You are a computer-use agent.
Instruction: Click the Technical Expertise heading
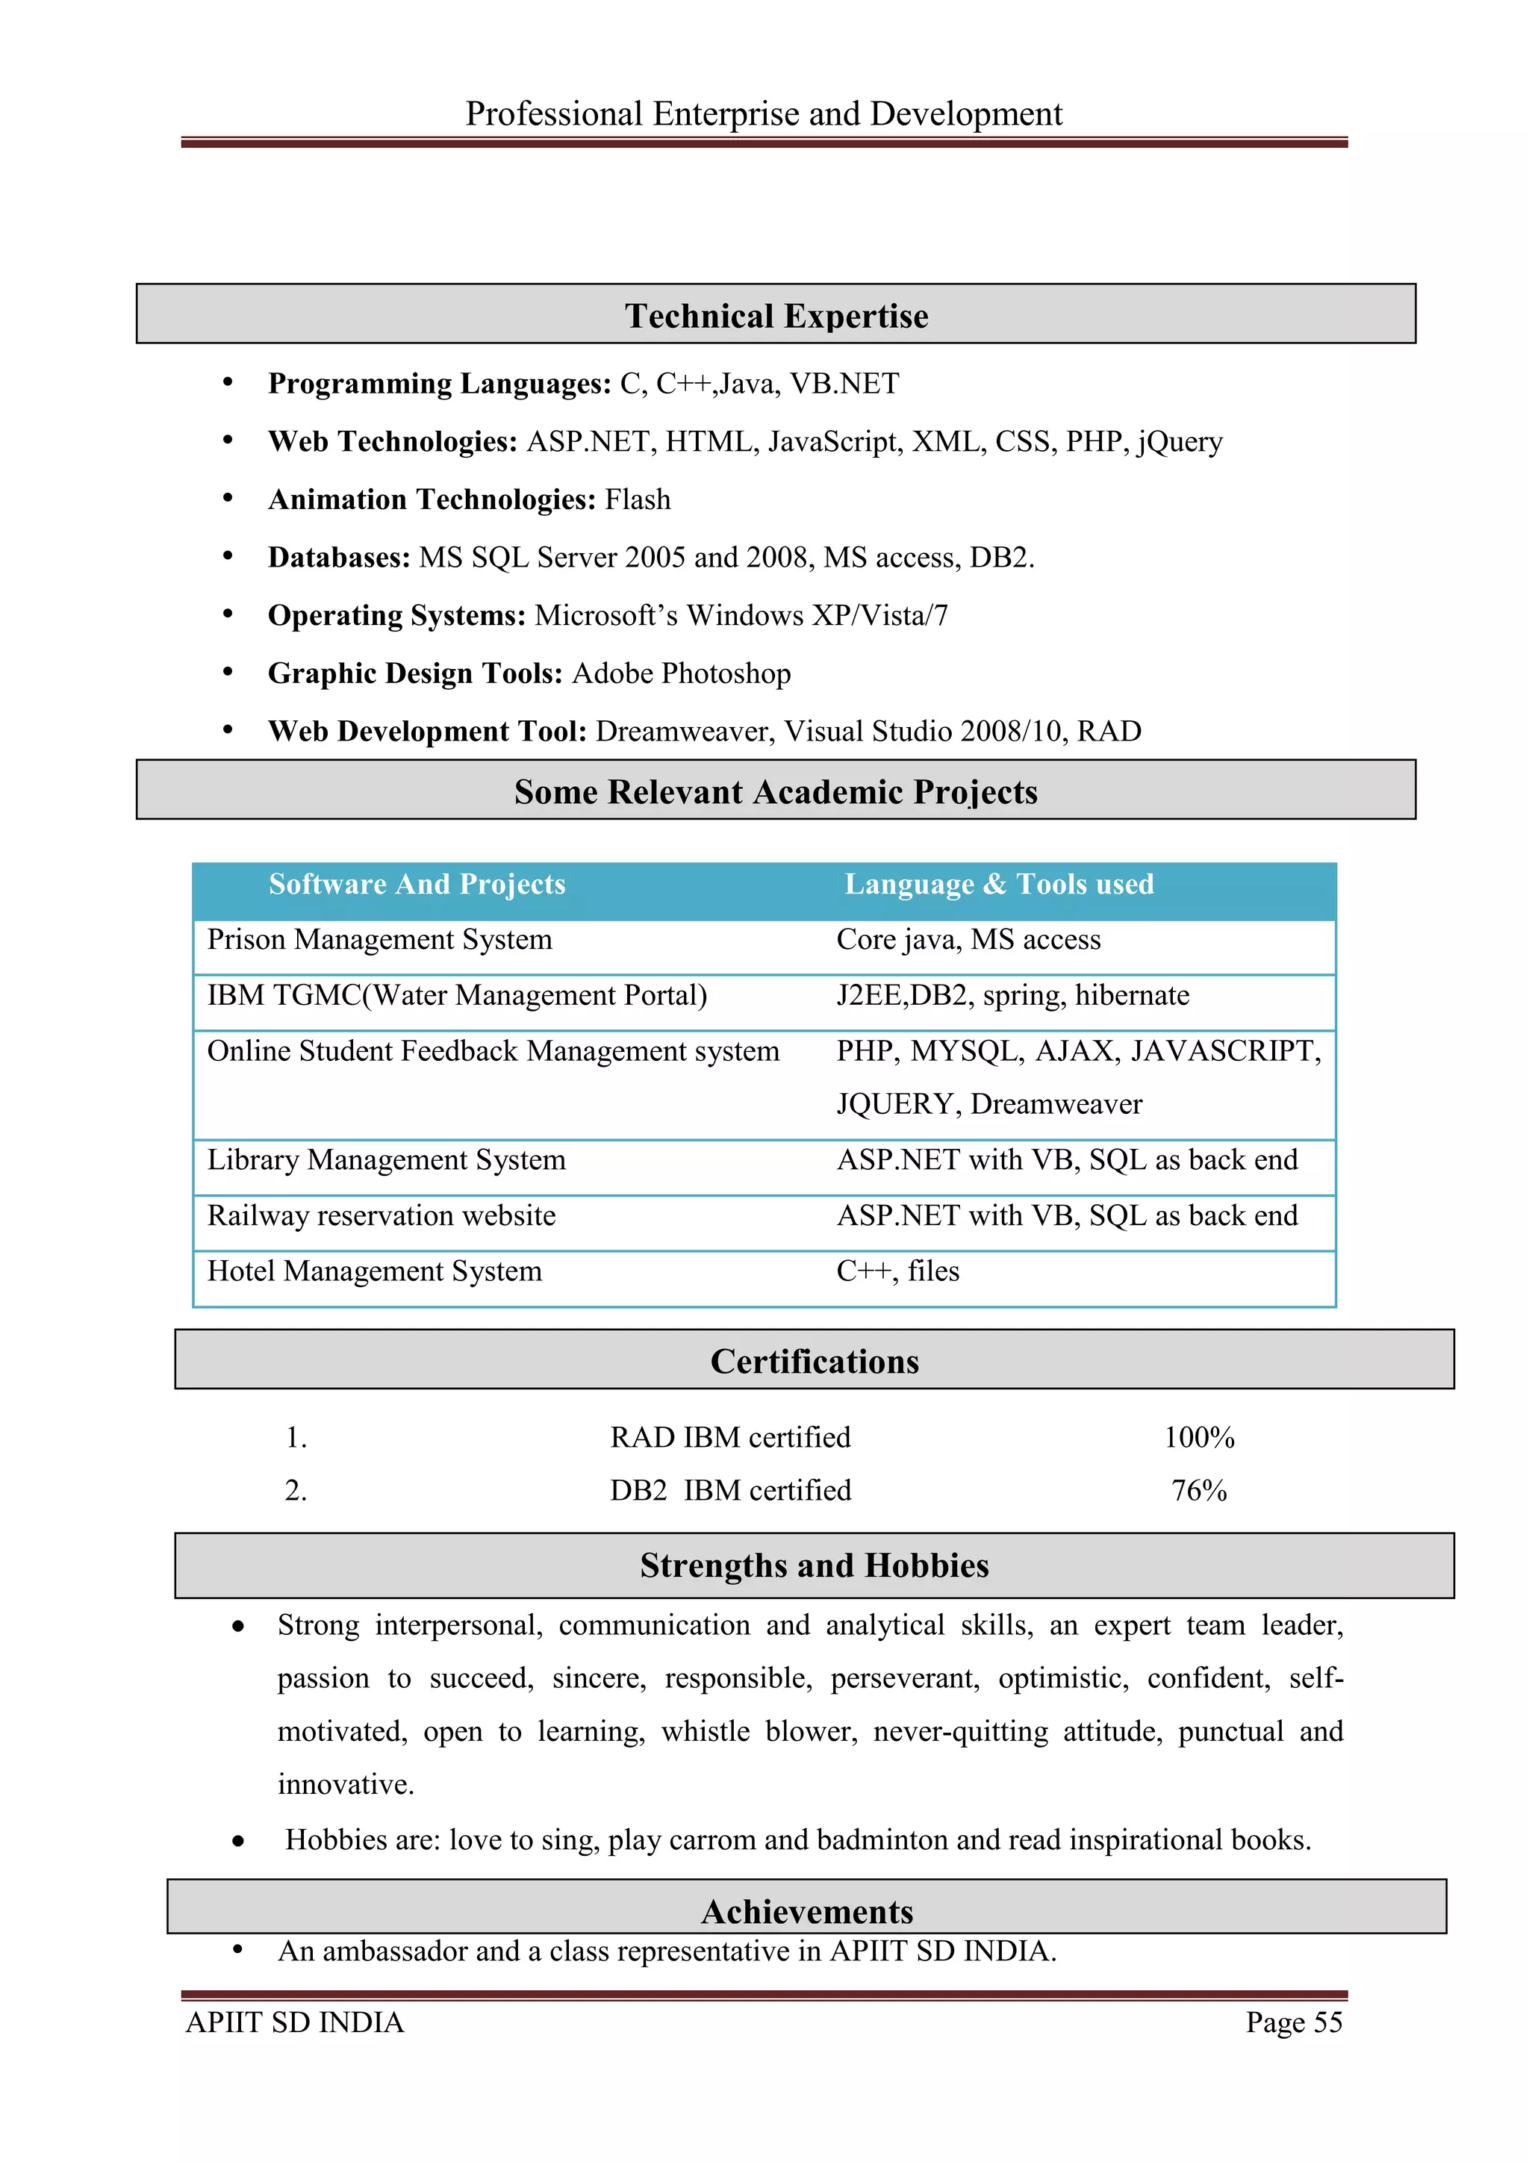(x=776, y=316)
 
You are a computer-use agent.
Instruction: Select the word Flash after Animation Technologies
(x=638, y=499)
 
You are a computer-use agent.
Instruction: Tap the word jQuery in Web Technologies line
(x=1180, y=442)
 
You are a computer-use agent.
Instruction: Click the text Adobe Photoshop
(x=681, y=673)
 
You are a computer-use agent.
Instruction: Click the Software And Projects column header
(x=417, y=884)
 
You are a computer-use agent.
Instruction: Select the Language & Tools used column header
(x=998, y=884)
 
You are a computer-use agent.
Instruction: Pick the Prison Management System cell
(x=379, y=940)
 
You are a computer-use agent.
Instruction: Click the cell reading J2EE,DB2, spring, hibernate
(x=1012, y=995)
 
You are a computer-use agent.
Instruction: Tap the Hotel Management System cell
(x=375, y=1271)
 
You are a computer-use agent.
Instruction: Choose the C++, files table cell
(x=897, y=1271)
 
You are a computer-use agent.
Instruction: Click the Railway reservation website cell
(x=382, y=1215)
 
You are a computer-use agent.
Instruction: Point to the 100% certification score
(x=1198, y=1437)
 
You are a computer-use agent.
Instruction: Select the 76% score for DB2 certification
(x=1198, y=1491)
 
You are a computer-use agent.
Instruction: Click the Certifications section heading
(x=815, y=1362)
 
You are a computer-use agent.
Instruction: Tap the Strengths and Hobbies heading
(x=815, y=1565)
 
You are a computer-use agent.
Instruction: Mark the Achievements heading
(x=807, y=1911)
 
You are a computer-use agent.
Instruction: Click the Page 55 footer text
(x=1294, y=2022)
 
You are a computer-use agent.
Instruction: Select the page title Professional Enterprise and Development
(x=764, y=114)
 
